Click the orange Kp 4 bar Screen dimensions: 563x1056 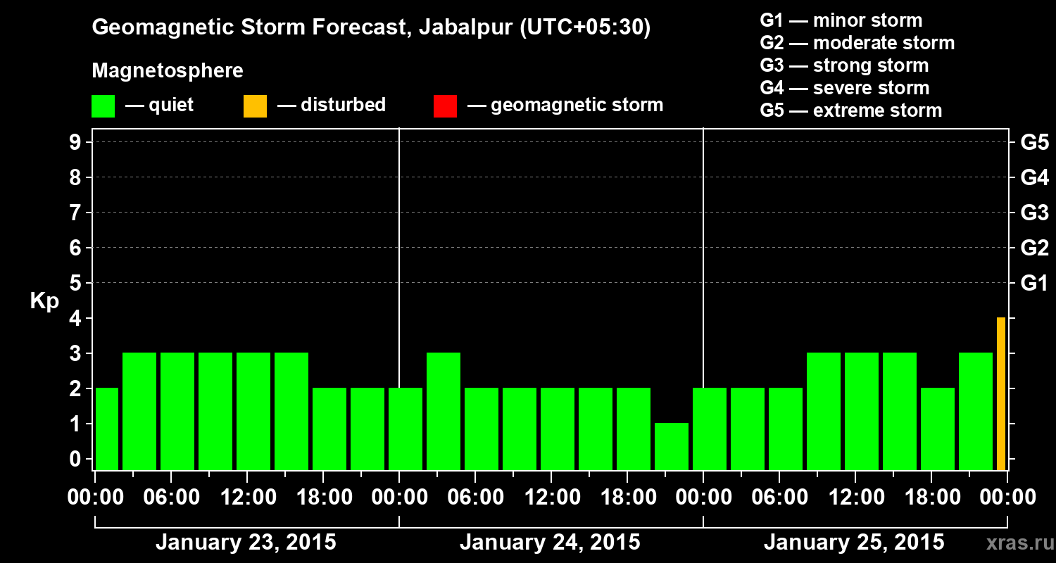click(x=1000, y=393)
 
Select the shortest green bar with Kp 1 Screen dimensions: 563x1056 click(x=672, y=446)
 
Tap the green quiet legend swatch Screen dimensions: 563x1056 click(x=103, y=106)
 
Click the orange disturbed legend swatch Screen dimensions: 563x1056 click(x=255, y=106)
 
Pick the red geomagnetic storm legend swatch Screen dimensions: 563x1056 click(x=446, y=106)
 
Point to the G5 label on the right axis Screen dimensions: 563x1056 click(x=1034, y=143)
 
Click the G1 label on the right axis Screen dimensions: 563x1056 click(x=1034, y=284)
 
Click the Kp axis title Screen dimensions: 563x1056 click(x=44, y=301)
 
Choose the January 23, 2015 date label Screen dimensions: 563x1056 click(x=246, y=543)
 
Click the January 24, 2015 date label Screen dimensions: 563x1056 click(x=550, y=543)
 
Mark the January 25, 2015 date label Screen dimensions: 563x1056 click(x=854, y=543)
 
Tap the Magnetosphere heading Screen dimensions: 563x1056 click(x=168, y=71)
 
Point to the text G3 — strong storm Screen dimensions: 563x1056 click(x=844, y=65)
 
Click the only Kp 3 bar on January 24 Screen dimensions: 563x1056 click(x=444, y=411)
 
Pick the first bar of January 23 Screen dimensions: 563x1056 click(x=107, y=429)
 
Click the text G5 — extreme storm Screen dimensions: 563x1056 click(x=850, y=110)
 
